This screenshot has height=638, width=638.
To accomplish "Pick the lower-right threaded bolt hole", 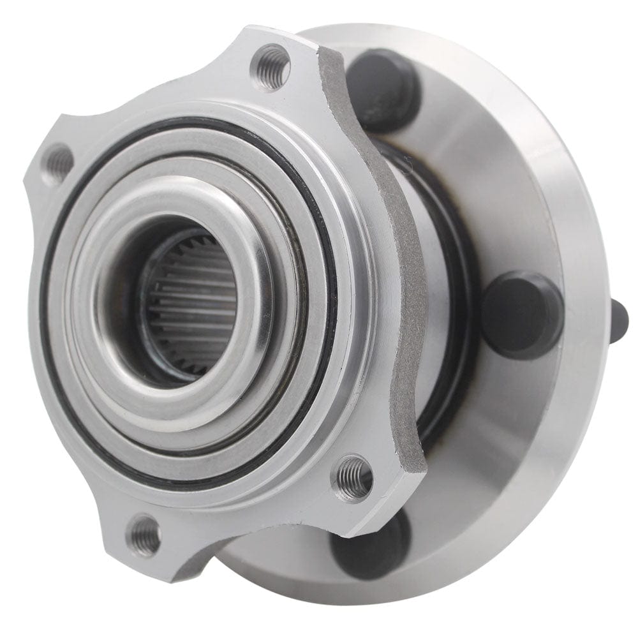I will [x=354, y=475].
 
